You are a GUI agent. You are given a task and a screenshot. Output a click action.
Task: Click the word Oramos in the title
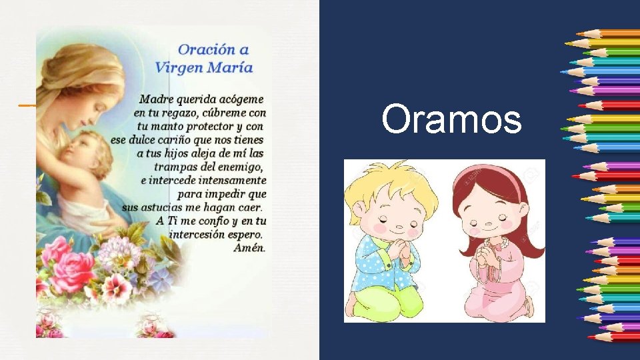[451, 120]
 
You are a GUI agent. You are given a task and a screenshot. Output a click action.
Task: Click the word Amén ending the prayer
[249, 247]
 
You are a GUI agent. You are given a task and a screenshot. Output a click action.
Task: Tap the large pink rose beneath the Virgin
[73, 270]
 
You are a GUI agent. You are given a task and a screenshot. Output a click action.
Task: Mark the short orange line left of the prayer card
[27, 105]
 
